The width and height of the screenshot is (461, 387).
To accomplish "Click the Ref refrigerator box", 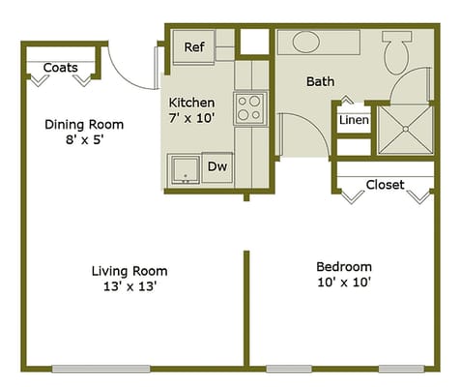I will (193, 45).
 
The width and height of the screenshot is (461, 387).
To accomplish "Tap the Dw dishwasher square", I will (217, 166).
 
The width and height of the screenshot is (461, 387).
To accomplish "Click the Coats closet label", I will (60, 68).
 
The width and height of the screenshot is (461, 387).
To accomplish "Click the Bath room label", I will (320, 81).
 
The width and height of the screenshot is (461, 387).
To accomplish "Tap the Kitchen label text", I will (191, 103).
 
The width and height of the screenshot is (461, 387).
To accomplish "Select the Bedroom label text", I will (344, 267).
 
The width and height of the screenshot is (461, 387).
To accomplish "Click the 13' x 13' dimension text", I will (130, 286).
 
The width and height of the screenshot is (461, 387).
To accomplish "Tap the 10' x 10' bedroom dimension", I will (344, 283).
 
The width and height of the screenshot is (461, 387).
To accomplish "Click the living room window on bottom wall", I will (102, 368).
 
